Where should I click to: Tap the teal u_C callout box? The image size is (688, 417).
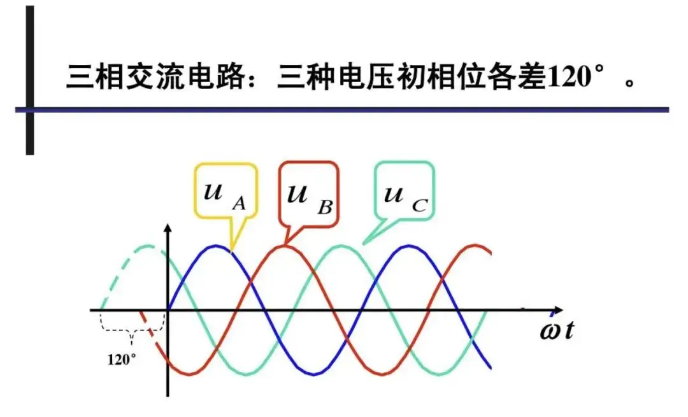point(404,190)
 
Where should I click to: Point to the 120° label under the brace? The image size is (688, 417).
point(121,358)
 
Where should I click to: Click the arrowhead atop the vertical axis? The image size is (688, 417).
point(168,230)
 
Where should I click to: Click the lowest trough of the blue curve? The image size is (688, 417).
point(312,374)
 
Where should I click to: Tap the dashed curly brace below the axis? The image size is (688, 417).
point(133,330)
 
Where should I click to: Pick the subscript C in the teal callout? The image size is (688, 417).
point(419,205)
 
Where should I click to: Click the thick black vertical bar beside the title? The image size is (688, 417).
point(29,80)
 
